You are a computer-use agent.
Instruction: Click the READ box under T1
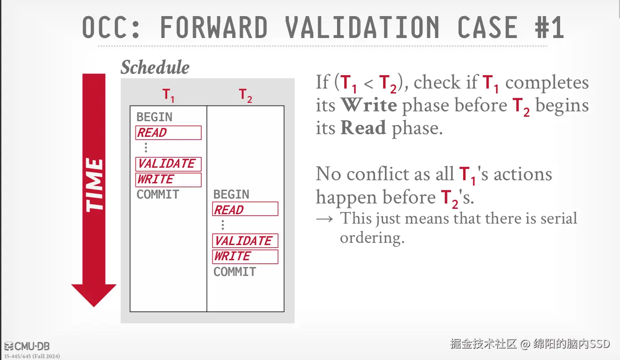[x=168, y=133]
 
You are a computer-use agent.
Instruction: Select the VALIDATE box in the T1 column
[x=168, y=164]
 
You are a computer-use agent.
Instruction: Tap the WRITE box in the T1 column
[x=168, y=180]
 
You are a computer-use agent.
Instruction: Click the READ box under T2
[x=245, y=209]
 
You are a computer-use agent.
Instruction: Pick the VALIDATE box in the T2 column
[x=245, y=241]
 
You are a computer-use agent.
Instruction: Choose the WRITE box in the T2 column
[x=245, y=257]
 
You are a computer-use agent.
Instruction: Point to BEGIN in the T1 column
[x=155, y=117]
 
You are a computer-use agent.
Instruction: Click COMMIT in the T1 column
[x=158, y=195]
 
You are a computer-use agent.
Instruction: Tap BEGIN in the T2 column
[x=231, y=195]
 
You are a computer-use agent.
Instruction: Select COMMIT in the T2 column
[x=235, y=271]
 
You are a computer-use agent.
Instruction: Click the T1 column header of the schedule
[x=168, y=95]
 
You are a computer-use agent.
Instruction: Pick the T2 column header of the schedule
[x=245, y=95]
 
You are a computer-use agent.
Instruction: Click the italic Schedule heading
[x=155, y=67]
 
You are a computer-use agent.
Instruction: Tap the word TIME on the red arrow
[x=94, y=185]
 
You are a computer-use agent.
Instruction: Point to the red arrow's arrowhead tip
[x=94, y=307]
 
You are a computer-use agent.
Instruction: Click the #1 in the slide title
[x=549, y=27]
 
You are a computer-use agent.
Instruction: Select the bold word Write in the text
[x=369, y=105]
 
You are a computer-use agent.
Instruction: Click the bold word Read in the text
[x=363, y=127]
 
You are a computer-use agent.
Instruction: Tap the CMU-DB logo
[x=27, y=346]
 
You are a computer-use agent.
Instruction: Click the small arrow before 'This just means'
[x=325, y=219]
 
